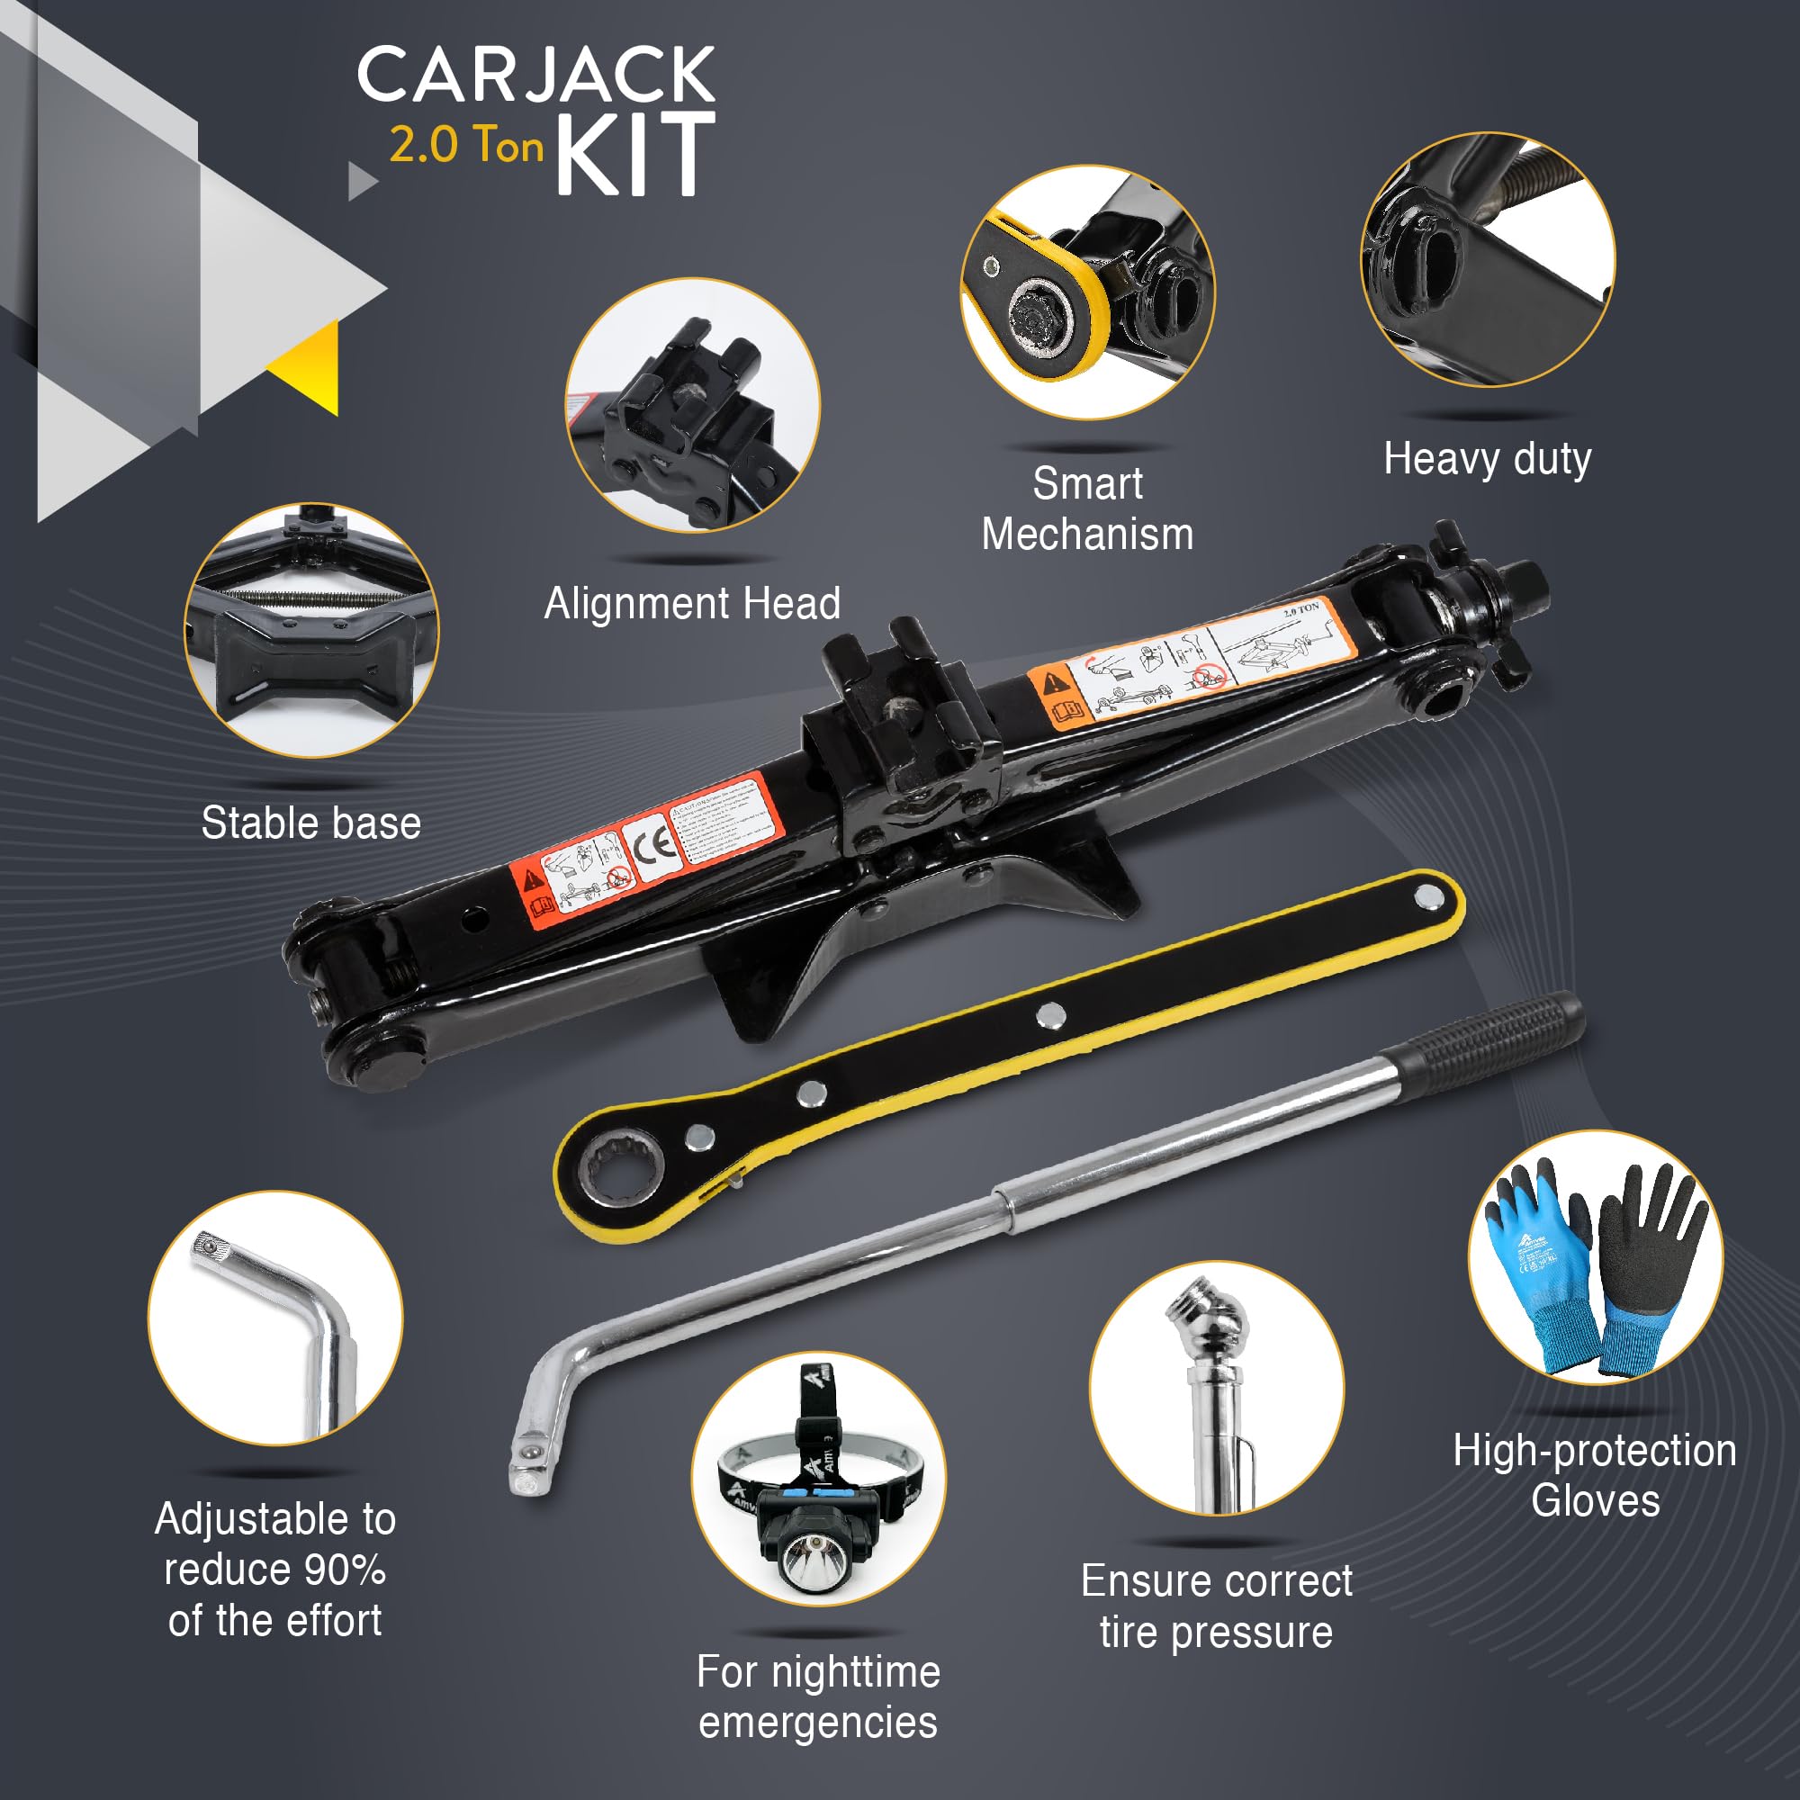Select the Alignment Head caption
pos(691,604)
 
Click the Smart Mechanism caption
pos(1087,508)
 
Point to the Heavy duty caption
pos(1487,459)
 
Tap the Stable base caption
pos(311,823)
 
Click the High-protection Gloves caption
pos(1595,1476)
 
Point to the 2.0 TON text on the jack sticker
pos(1301,609)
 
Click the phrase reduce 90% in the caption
pos(274,1570)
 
